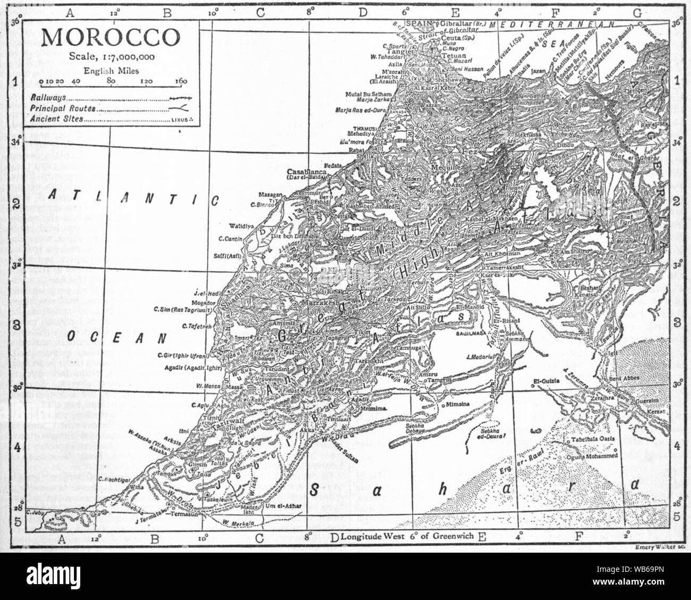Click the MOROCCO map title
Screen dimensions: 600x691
(x=111, y=37)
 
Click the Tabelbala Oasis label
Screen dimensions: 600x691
(x=593, y=440)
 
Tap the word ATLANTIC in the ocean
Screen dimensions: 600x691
(x=133, y=197)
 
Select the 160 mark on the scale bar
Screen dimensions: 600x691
(x=181, y=81)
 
